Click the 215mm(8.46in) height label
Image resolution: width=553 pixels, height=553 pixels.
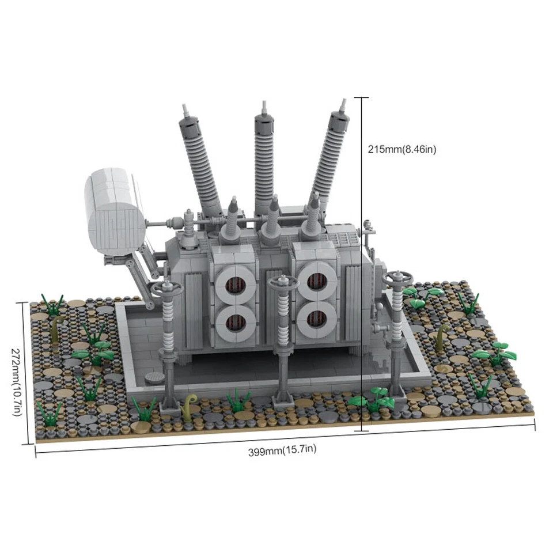(402, 149)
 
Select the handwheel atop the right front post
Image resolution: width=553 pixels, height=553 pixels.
(397, 280)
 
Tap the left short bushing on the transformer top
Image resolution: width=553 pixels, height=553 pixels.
(232, 219)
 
